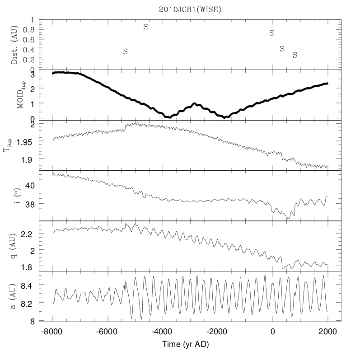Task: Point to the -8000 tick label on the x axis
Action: [x=53, y=331]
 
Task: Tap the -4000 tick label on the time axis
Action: [x=162, y=331]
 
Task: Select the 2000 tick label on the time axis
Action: [x=327, y=331]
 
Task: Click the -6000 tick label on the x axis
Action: [x=108, y=331]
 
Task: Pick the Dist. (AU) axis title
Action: [x=15, y=45]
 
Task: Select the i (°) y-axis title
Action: [x=15, y=195]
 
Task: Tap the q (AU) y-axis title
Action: [x=15, y=246]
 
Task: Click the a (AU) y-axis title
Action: [x=15, y=296]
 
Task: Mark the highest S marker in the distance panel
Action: [x=145, y=27]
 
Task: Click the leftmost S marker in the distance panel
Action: [x=126, y=51]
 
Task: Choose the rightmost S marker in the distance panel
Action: [x=295, y=55]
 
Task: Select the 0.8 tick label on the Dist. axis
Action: [x=28, y=30]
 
